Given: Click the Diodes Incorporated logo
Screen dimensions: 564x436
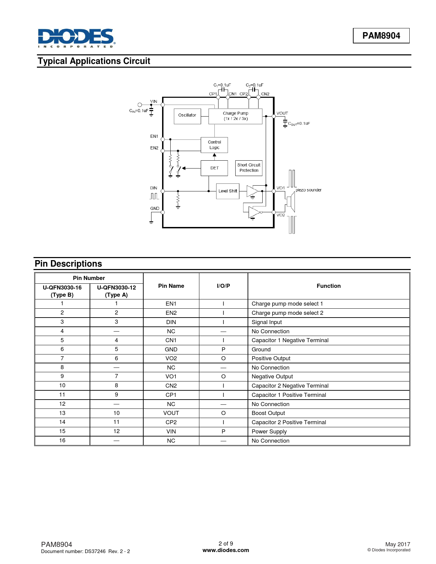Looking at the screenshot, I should click(x=76, y=38).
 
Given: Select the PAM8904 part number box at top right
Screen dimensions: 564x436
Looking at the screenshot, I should click(x=381, y=36).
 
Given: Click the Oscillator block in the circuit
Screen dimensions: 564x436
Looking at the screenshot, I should click(x=187, y=116).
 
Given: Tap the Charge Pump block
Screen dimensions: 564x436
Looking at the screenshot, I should click(x=235, y=116).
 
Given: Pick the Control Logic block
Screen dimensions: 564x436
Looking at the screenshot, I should click(x=214, y=145).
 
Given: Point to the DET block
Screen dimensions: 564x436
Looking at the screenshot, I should click(x=214, y=168).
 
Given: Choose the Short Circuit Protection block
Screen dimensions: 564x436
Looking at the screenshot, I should click(x=249, y=168).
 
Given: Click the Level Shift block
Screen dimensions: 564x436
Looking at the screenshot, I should click(x=228, y=191).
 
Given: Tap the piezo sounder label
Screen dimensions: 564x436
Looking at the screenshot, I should click(x=308, y=190).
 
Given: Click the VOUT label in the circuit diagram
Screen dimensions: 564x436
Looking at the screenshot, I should click(x=282, y=113).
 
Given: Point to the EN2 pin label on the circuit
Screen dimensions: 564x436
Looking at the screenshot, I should click(x=154, y=148).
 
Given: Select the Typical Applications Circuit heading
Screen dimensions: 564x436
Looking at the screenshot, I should click(x=94, y=61).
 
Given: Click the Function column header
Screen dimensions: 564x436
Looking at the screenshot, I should click(x=328, y=286).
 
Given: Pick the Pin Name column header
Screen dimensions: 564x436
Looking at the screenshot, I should click(x=171, y=286).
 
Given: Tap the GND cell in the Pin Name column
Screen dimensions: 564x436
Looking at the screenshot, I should click(x=171, y=349).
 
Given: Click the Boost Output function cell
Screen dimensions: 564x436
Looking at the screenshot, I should click(x=268, y=413).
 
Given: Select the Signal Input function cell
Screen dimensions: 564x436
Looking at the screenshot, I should click(x=267, y=322).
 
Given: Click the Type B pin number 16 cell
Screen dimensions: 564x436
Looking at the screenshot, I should click(x=62, y=441).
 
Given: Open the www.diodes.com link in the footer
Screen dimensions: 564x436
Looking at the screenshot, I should click(x=226, y=550).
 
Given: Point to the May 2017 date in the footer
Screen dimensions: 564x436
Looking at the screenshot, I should click(x=397, y=544).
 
